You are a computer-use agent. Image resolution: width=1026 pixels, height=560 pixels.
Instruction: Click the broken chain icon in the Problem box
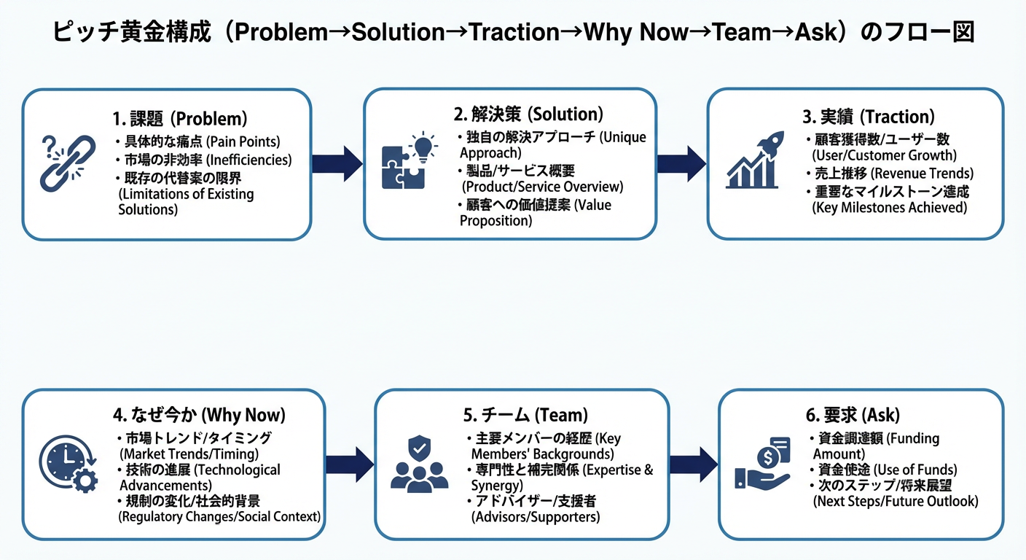(x=65, y=163)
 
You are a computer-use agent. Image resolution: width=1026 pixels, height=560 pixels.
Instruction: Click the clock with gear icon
(x=67, y=464)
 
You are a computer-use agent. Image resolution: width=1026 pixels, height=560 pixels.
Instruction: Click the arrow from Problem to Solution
(x=337, y=163)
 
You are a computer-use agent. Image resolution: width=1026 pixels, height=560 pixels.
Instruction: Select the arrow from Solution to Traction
(x=681, y=163)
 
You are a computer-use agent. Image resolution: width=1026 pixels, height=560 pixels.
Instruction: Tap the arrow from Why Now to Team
(x=349, y=464)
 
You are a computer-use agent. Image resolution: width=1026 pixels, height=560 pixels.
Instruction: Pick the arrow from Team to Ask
(x=693, y=464)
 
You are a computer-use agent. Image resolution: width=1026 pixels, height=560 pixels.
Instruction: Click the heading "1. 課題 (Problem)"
(x=180, y=119)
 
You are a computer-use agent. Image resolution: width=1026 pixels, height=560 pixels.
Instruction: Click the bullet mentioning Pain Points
(x=197, y=141)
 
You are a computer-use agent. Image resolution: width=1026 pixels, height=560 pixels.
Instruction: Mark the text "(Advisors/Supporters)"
(x=536, y=517)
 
